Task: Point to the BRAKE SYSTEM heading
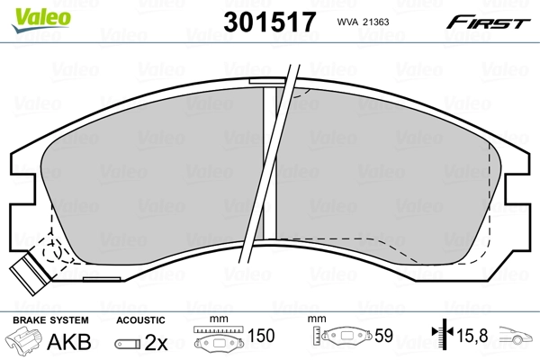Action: pyautogui.click(x=49, y=320)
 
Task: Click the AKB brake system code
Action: pyautogui.click(x=76, y=341)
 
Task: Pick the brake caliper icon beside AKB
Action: pyautogui.click(x=26, y=341)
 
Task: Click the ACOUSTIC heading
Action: pyautogui.click(x=141, y=320)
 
